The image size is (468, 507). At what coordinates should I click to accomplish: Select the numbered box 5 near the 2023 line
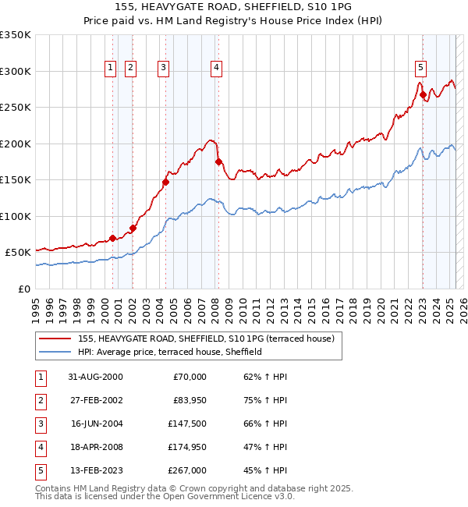click(420, 67)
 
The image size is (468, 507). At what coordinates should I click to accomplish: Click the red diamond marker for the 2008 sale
click(218, 162)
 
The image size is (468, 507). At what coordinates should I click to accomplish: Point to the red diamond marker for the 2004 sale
click(165, 182)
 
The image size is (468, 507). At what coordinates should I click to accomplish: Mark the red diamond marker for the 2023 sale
click(424, 95)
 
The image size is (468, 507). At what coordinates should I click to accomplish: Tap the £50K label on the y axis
click(18, 253)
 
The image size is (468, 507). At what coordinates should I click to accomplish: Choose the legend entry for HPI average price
click(184, 352)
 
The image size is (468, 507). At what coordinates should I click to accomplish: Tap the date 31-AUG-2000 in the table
click(95, 377)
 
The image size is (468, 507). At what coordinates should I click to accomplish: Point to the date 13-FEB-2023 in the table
click(95, 470)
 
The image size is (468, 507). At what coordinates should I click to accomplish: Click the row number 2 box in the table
click(40, 400)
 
